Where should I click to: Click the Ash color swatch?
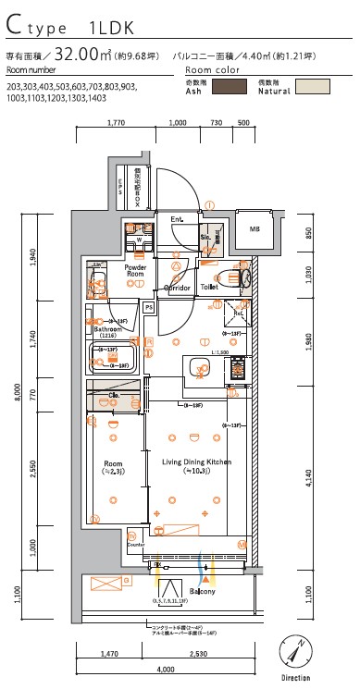pyautogui.click(x=230, y=87)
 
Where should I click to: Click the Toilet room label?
pyautogui.click(x=209, y=288)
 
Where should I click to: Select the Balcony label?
pyautogui.click(x=203, y=591)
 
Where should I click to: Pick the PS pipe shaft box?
pyautogui.click(x=147, y=306)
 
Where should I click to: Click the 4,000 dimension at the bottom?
pyautogui.click(x=166, y=669)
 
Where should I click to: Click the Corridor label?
pyautogui.click(x=177, y=288)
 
